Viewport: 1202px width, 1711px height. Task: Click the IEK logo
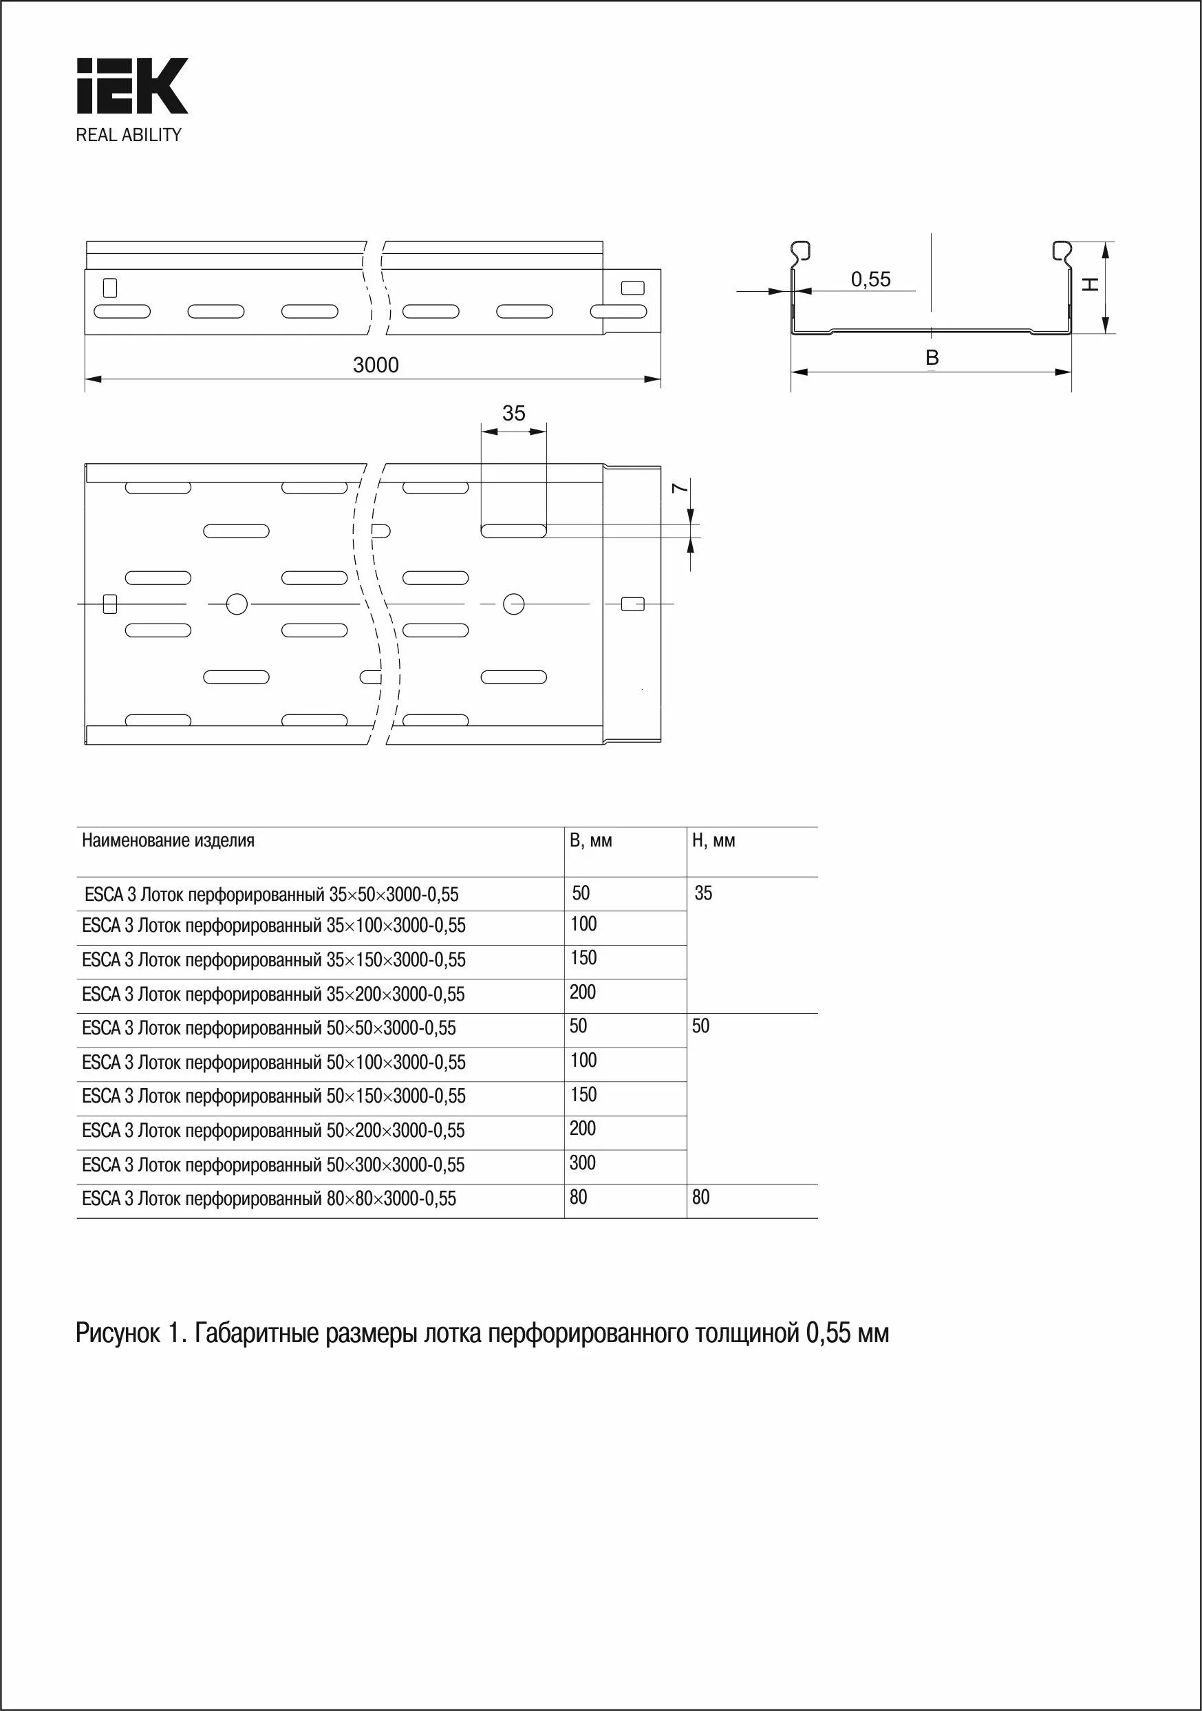(132, 87)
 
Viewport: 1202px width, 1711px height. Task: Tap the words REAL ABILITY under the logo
(128, 135)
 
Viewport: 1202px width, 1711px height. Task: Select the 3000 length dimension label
(376, 365)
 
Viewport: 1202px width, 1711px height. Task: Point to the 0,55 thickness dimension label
(870, 279)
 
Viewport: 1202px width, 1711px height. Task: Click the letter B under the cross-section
(932, 358)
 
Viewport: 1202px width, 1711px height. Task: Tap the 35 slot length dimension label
(513, 413)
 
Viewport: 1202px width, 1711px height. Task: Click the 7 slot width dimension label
(678, 488)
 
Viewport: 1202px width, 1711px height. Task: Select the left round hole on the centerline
(236, 604)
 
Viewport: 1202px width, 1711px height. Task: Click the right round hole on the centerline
(513, 604)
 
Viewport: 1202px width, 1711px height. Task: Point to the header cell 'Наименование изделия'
(169, 840)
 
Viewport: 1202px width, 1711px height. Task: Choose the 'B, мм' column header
(591, 840)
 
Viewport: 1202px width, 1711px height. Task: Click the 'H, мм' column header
(713, 840)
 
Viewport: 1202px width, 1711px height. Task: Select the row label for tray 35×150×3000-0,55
(273, 960)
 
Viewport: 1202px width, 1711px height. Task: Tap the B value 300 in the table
(583, 1162)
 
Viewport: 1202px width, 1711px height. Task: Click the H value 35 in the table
(702, 893)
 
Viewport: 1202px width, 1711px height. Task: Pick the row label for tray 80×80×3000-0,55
(269, 1198)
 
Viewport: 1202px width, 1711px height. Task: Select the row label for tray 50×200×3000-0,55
(273, 1131)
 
